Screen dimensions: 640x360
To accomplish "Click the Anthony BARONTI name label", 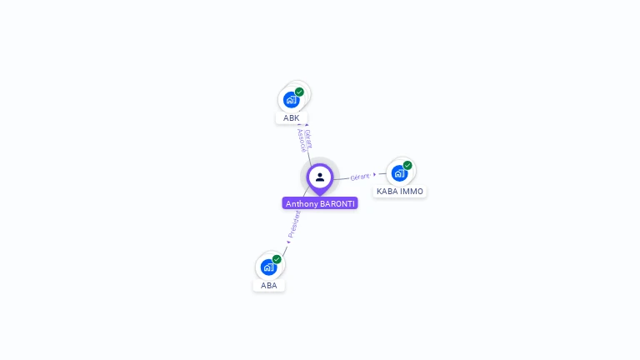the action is (320, 203).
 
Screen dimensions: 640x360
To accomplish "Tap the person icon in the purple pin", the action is (320, 177).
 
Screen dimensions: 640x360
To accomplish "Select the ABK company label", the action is (291, 118).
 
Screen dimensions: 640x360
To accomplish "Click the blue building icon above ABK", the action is (291, 100).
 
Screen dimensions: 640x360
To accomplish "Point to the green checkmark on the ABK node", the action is (299, 92).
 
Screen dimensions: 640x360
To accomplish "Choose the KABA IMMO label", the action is (400, 192).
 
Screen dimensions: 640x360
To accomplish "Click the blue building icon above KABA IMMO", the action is (399, 173).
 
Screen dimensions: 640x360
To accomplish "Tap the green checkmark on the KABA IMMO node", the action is (407, 165).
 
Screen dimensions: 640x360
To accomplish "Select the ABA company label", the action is (268, 286).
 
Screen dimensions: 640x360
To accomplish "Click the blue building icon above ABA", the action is (268, 267).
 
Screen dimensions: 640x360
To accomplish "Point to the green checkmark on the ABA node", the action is (277, 259).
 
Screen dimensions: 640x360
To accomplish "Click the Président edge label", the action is (295, 222).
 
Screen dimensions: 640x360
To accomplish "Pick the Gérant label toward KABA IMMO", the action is (360, 177).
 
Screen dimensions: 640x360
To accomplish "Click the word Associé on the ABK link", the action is (302, 142).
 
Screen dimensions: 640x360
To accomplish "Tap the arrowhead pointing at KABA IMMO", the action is (375, 174).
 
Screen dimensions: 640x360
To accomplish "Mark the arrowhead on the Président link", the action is (288, 242).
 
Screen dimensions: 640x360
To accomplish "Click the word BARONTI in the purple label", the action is (337, 203).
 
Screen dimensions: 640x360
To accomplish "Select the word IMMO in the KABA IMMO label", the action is (412, 192).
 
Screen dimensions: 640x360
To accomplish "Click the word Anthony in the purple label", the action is (302, 203).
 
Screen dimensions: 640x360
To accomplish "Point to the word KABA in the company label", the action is (388, 192).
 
